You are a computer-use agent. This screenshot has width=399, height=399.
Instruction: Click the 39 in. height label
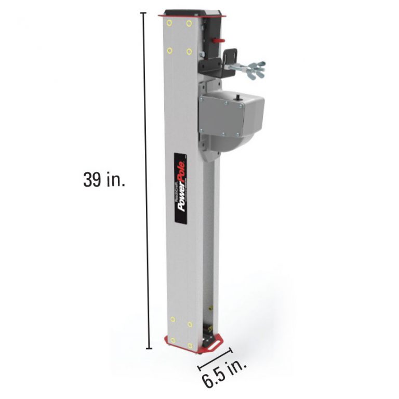[104, 179]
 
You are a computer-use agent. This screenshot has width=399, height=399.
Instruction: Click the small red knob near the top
[219, 40]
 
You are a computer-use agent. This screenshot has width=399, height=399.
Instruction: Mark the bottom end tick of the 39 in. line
[150, 348]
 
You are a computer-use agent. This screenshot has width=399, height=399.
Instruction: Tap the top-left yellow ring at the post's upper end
[168, 23]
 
